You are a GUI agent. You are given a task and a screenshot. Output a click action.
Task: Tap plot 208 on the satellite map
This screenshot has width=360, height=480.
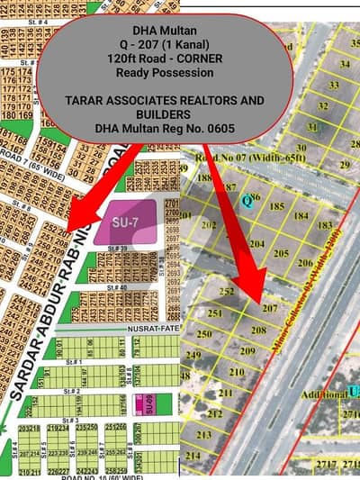[258, 331]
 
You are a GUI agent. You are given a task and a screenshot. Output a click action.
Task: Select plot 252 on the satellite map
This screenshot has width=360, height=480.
[227, 292]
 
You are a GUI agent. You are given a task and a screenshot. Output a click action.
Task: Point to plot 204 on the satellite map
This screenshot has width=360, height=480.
[256, 244]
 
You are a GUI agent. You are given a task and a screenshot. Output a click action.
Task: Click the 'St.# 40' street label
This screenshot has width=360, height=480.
[113, 286]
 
